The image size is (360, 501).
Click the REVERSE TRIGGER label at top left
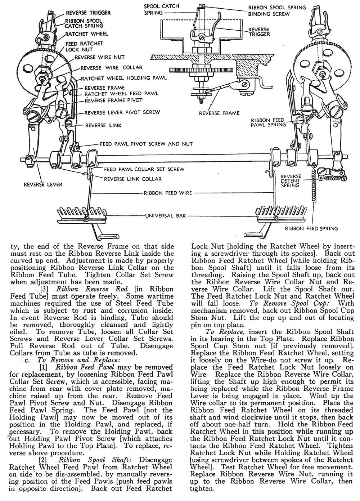pyautogui.click(x=83, y=13)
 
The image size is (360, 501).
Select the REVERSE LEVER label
pyautogui.click(x=43, y=184)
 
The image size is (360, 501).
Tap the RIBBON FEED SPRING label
pyautogui.click(x=312, y=228)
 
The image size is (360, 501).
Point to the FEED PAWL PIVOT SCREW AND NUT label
pyautogui.click(x=146, y=144)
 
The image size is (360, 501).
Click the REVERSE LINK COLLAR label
pyautogui.click(x=133, y=179)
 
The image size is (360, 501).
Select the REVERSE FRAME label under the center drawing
pyautogui.click(x=219, y=113)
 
